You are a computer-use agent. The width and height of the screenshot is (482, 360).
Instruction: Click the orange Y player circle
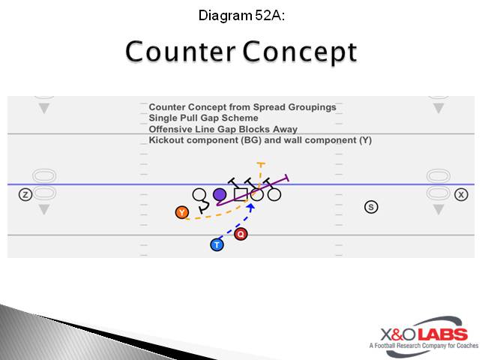181,212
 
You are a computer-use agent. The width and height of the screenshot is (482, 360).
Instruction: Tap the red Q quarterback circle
241,234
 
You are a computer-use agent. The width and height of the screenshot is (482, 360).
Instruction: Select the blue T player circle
217,244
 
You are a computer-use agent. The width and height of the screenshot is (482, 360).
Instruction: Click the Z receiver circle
25,195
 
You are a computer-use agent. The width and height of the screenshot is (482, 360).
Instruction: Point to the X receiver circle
461,195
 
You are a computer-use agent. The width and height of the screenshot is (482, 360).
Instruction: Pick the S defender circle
370,206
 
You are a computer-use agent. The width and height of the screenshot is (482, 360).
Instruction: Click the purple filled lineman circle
220,195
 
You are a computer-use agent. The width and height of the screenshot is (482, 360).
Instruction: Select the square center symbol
240,195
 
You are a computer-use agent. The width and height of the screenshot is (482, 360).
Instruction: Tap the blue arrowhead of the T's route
251,206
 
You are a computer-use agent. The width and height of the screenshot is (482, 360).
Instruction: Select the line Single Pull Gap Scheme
203,118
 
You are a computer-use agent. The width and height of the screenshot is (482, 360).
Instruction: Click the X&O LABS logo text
418,334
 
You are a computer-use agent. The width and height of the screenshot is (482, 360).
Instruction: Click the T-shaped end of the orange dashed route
260,163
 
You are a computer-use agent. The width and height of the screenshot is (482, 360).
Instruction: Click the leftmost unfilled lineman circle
199,195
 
